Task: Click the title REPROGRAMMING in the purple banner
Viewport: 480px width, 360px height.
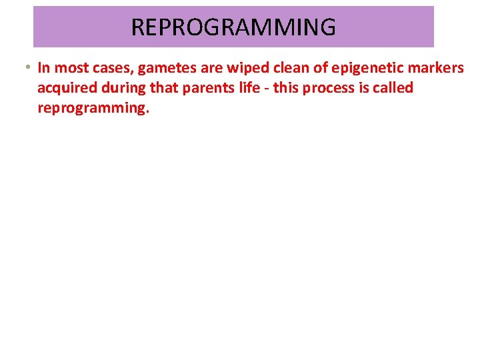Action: [233, 27]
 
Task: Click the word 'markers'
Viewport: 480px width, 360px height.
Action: [434, 68]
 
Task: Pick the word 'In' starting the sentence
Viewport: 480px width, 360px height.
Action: [45, 68]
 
